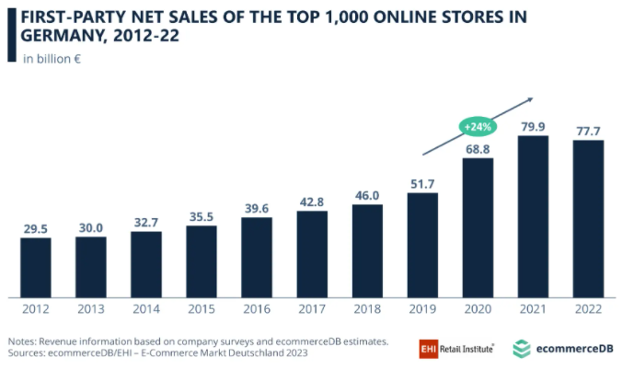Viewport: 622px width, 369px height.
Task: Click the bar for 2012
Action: pyautogui.click(x=36, y=267)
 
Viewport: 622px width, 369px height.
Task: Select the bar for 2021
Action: pyautogui.click(x=533, y=216)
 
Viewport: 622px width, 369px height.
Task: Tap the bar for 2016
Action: pyautogui.click(x=257, y=257)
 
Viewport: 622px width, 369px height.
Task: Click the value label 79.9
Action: pyautogui.click(x=533, y=125)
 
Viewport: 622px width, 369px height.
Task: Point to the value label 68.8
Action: pyautogui.click(x=478, y=148)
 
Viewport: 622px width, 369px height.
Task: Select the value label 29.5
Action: pyautogui.click(x=36, y=227)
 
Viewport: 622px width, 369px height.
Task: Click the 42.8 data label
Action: pyautogui.click(x=312, y=201)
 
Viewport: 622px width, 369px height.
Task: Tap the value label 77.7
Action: pyautogui.click(x=588, y=130)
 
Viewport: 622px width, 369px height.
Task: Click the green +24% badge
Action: pyautogui.click(x=479, y=126)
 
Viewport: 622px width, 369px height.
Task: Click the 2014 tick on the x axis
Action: pyautogui.click(x=146, y=310)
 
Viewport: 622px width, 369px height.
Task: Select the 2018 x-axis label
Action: pyautogui.click(x=367, y=310)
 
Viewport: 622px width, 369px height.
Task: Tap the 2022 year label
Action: pyautogui.click(x=588, y=310)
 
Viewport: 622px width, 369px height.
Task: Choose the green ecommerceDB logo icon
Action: pyautogui.click(x=522, y=348)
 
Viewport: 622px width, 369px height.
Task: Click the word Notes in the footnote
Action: pyautogui.click(x=25, y=341)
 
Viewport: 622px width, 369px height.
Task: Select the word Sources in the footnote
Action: pyautogui.click(x=30, y=353)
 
